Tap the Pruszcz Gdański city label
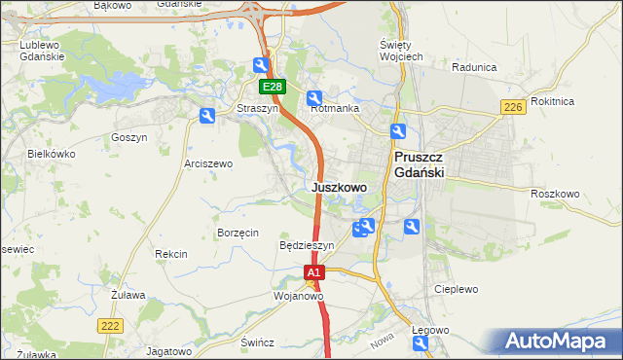419,164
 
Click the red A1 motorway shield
313,274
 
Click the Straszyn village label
258,109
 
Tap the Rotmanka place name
335,109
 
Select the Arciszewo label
208,164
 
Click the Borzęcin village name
238,233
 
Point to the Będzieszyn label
306,246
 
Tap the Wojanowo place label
298,295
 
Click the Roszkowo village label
555,195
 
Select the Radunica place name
475,68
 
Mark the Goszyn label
128,138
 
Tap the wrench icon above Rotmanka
314,97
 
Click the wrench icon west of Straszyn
206,117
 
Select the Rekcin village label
170,254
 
